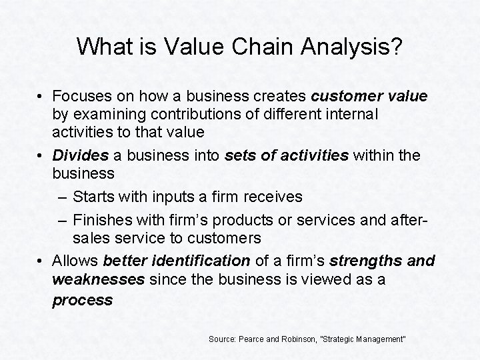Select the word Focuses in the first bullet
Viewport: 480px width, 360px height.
(81, 96)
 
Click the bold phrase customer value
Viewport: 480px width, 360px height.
(369, 96)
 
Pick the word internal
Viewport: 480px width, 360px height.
(353, 114)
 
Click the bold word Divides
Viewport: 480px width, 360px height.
(79, 155)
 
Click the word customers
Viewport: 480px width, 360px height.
(229, 237)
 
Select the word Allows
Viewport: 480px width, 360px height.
(75, 260)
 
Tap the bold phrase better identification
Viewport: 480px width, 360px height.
(177, 260)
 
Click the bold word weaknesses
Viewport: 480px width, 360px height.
(98, 279)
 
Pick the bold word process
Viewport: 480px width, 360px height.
(83, 300)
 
